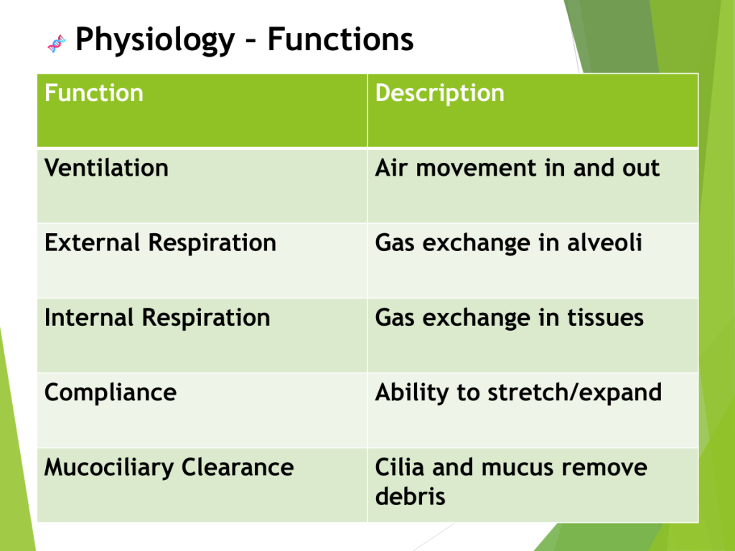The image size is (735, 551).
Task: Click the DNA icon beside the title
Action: coord(56,43)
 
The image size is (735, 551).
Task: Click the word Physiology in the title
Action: coord(155,40)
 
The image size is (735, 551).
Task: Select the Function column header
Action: coord(94,93)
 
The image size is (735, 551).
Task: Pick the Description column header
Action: coord(440,93)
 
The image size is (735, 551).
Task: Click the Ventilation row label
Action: coord(106,168)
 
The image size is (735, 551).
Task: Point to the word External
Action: coord(93,242)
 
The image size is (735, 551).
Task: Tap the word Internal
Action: coord(89,317)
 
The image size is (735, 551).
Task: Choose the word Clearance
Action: coord(238,467)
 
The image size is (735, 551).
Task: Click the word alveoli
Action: coord(604,242)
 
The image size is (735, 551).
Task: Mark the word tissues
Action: coord(606,318)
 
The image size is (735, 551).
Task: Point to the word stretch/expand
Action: coord(575,392)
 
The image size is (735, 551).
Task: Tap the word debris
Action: coord(410,496)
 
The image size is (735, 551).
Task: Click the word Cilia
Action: coord(399,467)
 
